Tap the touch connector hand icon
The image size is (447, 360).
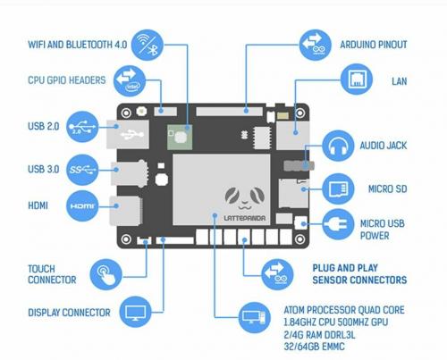click(106, 272)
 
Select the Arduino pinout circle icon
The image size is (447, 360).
click(313, 42)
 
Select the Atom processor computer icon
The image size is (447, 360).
click(250, 315)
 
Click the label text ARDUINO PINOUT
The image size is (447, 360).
click(373, 44)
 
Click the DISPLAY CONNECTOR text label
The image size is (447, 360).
click(69, 314)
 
